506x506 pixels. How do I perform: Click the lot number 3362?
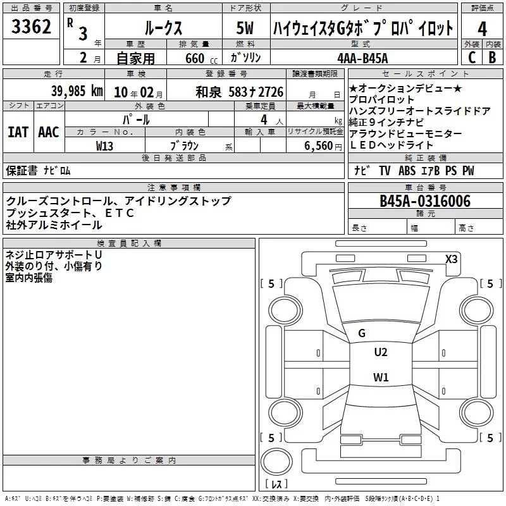[x=32, y=27]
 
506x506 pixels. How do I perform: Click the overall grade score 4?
[x=483, y=28]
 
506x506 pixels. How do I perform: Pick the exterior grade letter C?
[x=472, y=58]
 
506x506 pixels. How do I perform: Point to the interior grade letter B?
[x=492, y=58]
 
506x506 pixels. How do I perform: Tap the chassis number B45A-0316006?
[x=425, y=201]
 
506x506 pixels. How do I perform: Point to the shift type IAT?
[x=18, y=132]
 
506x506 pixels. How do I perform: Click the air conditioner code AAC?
[x=49, y=132]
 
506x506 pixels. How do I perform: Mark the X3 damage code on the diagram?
[x=452, y=259]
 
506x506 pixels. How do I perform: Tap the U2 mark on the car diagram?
[x=381, y=352]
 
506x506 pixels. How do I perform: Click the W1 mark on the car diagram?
[x=381, y=378]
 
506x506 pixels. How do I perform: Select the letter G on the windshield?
[x=362, y=333]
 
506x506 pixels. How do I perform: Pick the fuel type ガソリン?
[x=244, y=58]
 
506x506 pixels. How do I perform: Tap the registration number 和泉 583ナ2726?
[x=240, y=92]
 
